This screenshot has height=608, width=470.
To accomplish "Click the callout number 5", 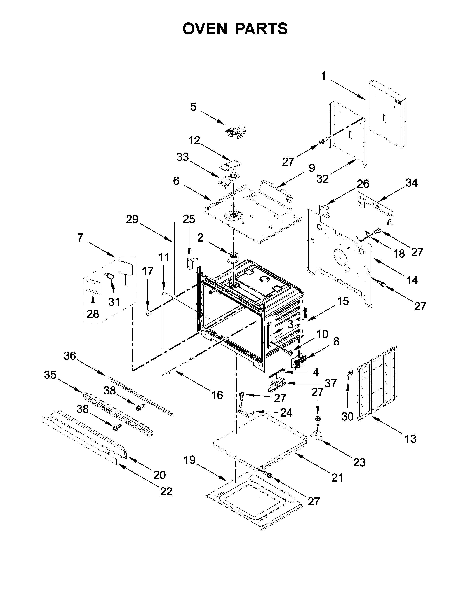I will (193, 107).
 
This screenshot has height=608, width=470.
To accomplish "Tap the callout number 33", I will (183, 157).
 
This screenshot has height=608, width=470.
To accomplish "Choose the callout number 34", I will (412, 183).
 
